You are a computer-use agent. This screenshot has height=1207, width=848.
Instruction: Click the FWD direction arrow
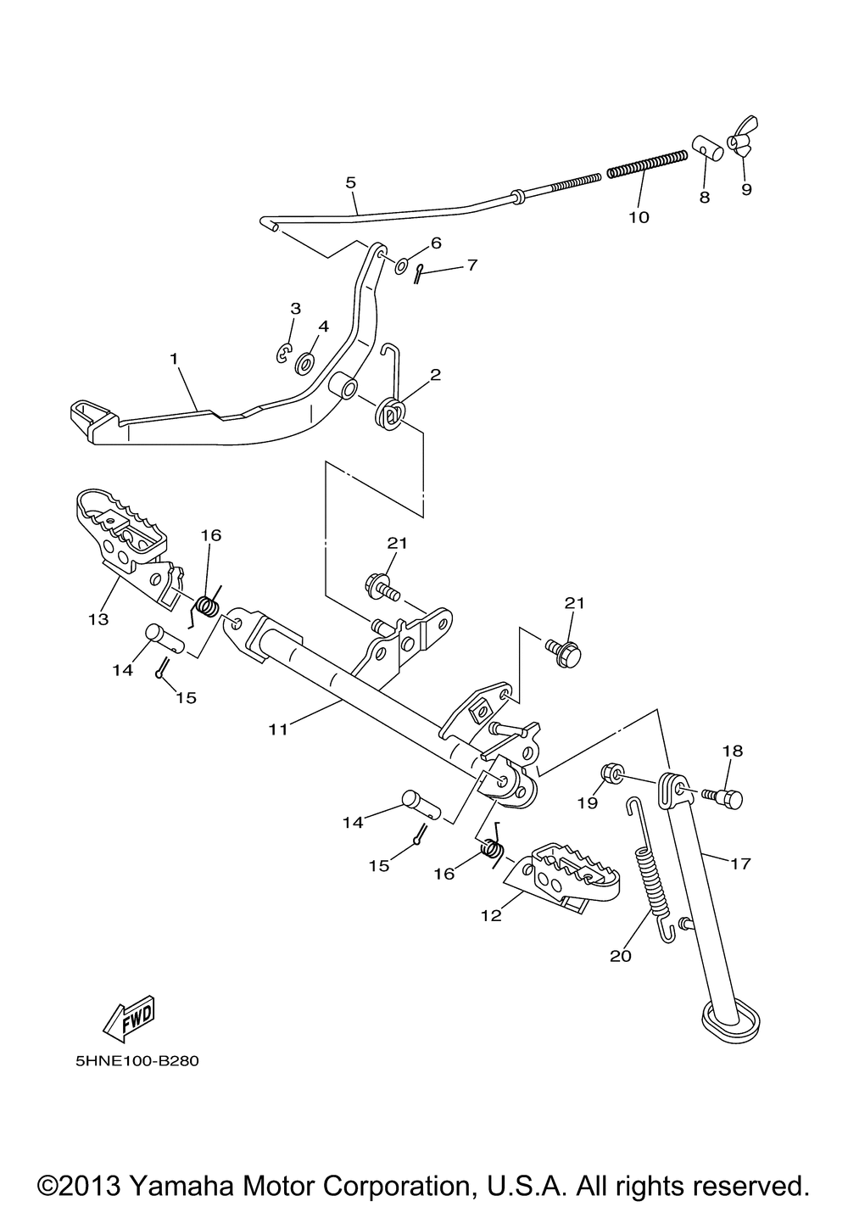129,1020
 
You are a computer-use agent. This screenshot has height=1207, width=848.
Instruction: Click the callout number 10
639,218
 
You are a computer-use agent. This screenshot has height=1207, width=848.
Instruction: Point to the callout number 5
351,182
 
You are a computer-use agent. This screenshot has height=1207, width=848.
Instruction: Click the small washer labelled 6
401,265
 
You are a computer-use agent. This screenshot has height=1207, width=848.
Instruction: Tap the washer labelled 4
304,364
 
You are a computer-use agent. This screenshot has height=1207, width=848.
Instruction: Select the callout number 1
174,359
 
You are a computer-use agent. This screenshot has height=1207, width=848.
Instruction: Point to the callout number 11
278,729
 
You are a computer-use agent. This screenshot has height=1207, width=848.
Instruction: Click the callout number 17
740,863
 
